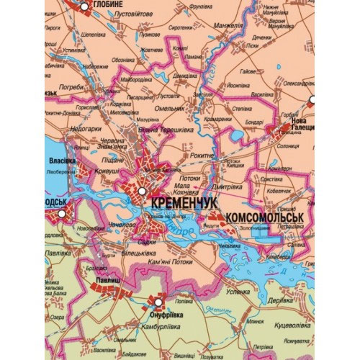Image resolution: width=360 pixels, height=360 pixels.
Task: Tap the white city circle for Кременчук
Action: [x=142, y=192]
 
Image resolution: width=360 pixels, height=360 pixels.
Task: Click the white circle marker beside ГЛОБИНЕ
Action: [x=85, y=6]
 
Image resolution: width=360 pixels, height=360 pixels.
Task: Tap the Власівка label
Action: [x=57, y=161]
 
